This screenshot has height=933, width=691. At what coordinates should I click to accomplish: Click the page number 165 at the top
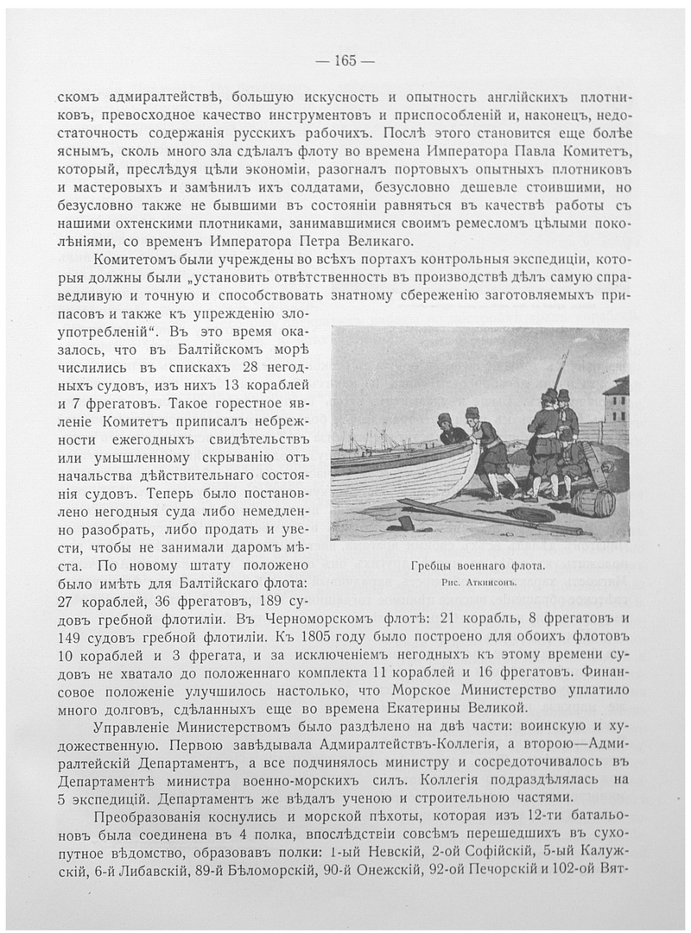tap(345, 60)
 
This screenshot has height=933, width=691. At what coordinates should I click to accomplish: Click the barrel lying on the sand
tap(593, 502)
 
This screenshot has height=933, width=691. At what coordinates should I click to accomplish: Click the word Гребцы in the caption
tap(433, 567)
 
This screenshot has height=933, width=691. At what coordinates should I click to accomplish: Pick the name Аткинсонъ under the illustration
tap(496, 583)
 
